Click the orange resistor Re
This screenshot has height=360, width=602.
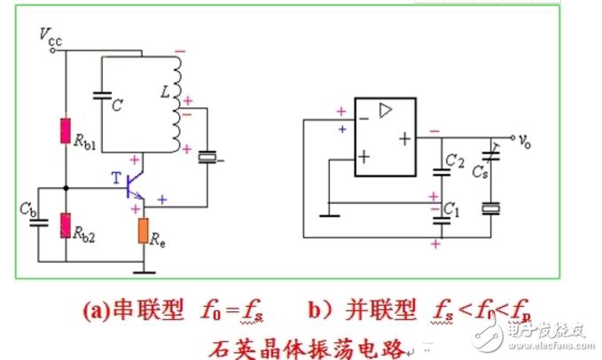coord(144,231)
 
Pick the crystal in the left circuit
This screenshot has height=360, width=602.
coord(207,158)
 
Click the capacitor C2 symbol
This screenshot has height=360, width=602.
coord(437,171)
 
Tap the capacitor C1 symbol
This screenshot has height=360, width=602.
coord(437,212)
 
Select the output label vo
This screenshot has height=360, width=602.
coord(526,140)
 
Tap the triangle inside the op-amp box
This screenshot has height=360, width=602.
coord(385,112)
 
